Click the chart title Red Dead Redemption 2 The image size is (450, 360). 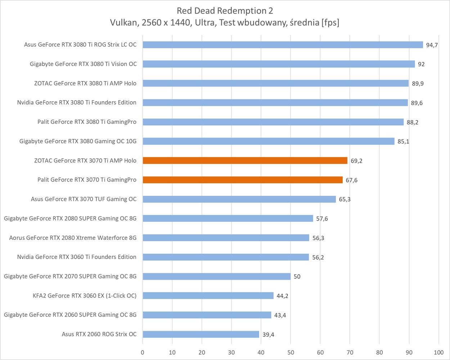[225, 10]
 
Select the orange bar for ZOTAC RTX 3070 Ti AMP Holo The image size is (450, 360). [245, 161]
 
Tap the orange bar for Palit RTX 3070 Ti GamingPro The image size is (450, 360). [243, 180]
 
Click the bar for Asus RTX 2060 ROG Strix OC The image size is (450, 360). [201, 334]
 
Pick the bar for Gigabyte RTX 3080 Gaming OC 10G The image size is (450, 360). [269, 141]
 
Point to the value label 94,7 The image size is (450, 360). [432, 45]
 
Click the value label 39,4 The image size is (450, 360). [268, 334]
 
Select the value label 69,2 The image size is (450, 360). [356, 161]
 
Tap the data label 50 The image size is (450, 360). [297, 276]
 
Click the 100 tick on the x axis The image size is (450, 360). [438, 352]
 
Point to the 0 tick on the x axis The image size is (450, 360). [143, 352]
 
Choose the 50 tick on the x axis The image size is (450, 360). [291, 352]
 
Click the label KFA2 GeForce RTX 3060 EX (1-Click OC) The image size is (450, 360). [85, 296]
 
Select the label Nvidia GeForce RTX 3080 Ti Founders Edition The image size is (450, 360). [77, 103]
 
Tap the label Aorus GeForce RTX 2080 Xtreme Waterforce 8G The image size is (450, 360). [73, 238]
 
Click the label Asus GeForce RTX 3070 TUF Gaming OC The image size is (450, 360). [84, 199]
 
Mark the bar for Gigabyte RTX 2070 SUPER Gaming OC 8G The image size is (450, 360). [216, 276]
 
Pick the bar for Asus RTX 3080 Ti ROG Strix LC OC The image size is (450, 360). [283, 45]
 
